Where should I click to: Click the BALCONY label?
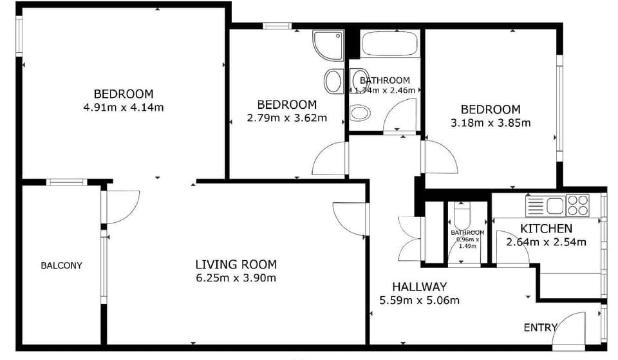[61, 265]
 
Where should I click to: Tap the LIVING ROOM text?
[236, 264]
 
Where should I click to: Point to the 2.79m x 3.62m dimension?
[286, 118]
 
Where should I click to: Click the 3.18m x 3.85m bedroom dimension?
[491, 123]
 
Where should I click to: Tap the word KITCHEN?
[546, 229]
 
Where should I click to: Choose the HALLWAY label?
[420, 286]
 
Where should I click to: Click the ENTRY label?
[539, 328]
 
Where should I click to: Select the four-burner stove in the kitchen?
[577, 205]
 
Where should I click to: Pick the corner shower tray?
[328, 45]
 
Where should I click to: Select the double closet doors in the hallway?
[410, 239]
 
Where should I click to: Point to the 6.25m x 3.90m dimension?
[236, 278]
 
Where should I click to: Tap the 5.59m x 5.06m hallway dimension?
[420, 300]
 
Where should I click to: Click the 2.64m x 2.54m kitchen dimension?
[546, 243]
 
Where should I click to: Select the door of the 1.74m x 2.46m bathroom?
[399, 116]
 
